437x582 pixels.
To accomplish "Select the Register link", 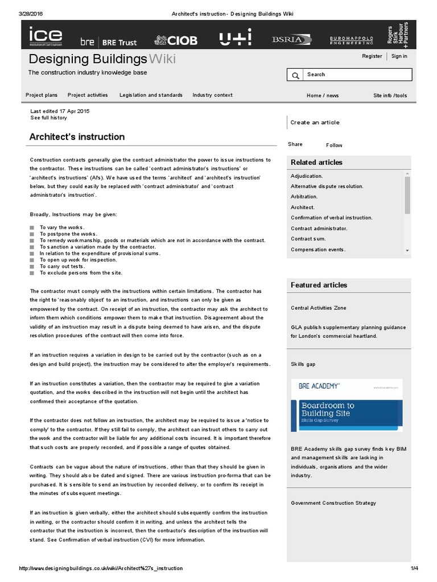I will tap(372, 56).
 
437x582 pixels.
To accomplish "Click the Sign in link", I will tap(399, 56).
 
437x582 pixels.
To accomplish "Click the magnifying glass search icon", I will tap(295, 75).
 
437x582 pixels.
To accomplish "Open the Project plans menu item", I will tap(42, 95).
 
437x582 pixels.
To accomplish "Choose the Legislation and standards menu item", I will tap(151, 95).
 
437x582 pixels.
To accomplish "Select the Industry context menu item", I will tap(212, 95).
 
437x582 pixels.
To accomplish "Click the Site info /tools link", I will tap(390, 95).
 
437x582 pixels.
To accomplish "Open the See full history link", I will tap(48, 118).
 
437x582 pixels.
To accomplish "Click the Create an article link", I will tap(315, 122).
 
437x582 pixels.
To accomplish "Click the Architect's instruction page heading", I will tap(77, 137).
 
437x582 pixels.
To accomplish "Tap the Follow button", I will tap(334, 145).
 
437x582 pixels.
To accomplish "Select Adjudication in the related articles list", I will tap(307, 176).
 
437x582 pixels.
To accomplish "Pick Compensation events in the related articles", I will tap(318, 250).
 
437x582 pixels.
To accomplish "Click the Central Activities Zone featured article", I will tap(318, 308).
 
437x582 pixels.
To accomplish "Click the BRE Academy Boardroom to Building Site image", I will tap(347, 405).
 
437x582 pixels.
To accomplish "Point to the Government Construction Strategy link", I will tap(333, 503).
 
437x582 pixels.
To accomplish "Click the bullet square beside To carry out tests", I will tap(32, 267).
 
